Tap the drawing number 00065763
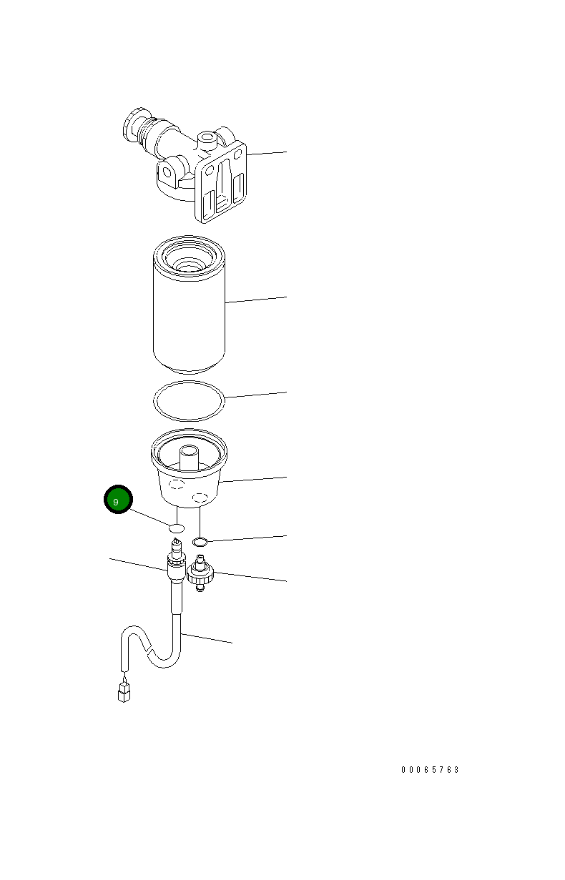(430, 770)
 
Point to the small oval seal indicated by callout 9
(177, 528)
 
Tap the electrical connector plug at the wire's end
(124, 692)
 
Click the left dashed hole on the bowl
(174, 485)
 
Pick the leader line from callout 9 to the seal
(151, 518)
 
